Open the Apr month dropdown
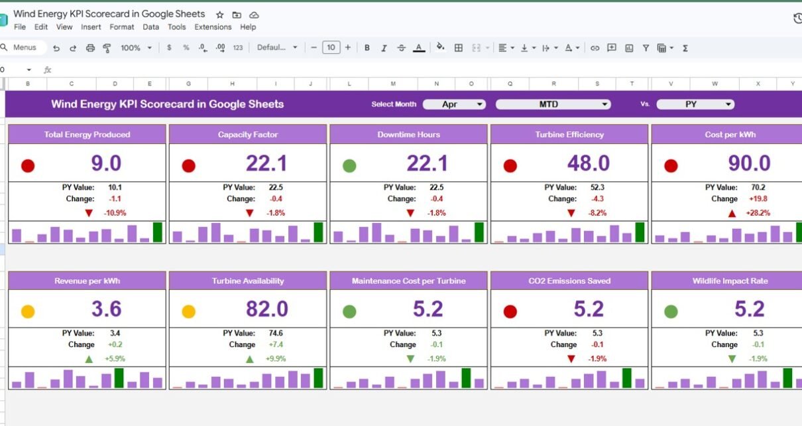[x=454, y=104]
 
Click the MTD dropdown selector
[x=553, y=104]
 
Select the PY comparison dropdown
[x=695, y=104]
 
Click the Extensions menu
[x=213, y=27]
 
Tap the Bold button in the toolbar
[x=367, y=48]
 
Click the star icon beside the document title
[x=220, y=15]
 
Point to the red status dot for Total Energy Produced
[x=28, y=166]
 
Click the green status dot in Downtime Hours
[x=349, y=166]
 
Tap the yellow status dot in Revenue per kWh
[x=28, y=311]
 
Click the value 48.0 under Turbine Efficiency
[x=589, y=163]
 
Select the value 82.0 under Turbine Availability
[x=266, y=309]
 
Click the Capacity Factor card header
[x=248, y=135]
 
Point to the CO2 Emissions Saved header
[x=569, y=281]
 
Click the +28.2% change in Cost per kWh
[x=758, y=213]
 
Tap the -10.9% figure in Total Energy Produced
[x=115, y=213]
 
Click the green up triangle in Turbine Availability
[x=250, y=359]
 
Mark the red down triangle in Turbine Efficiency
[x=571, y=214]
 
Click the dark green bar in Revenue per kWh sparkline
[x=119, y=378]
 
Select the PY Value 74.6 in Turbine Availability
[x=276, y=333]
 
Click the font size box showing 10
[x=331, y=48]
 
